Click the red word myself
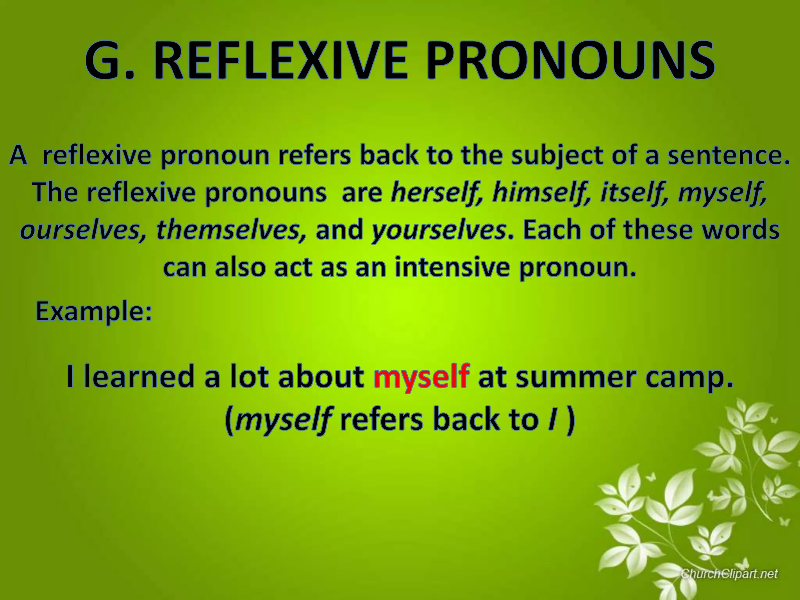421,377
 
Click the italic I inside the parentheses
552,420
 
